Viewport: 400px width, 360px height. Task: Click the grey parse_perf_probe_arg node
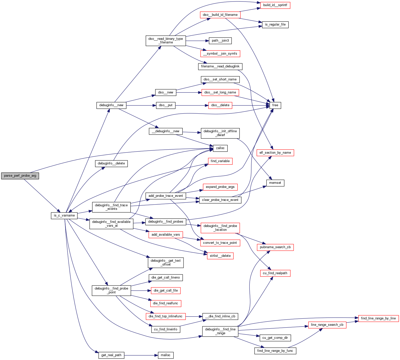tap(20, 176)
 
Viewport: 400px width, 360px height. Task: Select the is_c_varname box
tap(64, 215)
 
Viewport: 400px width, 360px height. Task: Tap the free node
tap(275, 105)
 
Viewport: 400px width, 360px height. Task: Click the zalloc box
tap(220, 148)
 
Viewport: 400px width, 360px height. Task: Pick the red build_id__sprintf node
tap(275, 5)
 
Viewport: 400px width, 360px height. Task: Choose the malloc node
tap(166, 355)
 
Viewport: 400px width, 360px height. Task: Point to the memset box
tap(275, 183)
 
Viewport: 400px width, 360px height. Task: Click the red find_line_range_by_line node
tap(378, 318)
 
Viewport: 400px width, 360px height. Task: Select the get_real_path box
tap(111, 355)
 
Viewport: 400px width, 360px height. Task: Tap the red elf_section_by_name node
tap(275, 153)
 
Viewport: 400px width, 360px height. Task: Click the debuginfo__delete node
tap(111, 163)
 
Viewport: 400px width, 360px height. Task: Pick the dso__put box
tap(166, 105)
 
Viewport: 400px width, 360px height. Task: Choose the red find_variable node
tap(220, 161)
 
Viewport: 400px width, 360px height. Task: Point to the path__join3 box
tap(220, 41)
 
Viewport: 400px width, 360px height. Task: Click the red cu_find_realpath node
tap(275, 273)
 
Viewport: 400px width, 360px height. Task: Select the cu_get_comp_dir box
tap(275, 338)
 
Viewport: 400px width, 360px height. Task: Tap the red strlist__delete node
tap(220, 256)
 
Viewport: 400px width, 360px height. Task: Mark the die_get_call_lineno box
tap(166, 278)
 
